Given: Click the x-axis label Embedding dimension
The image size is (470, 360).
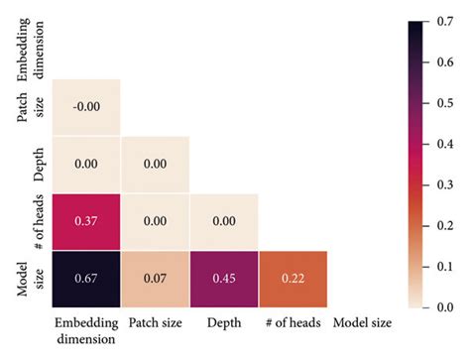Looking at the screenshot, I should point(86,331).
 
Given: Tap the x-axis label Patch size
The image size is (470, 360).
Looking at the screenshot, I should point(156,324).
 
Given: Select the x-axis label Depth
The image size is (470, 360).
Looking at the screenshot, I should point(225,324).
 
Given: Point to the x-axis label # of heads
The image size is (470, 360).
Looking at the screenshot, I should point(294,324).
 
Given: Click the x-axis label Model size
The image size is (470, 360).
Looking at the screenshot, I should point(363,324).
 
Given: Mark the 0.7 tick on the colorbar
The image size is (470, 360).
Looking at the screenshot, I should point(449,20).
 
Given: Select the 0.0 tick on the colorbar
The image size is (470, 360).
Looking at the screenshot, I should point(449,308).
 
